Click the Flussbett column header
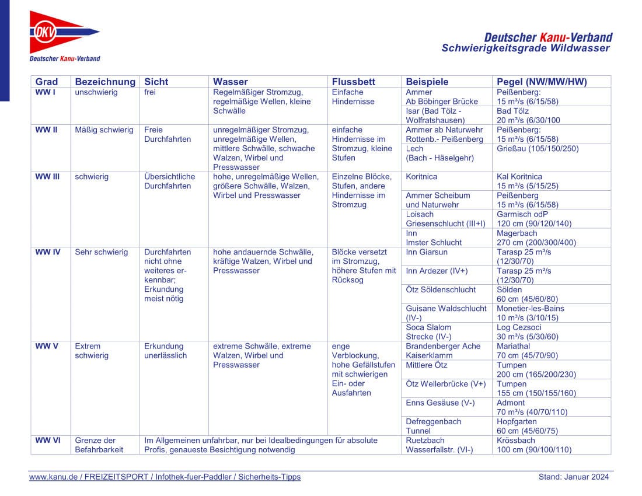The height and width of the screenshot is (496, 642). (353, 82)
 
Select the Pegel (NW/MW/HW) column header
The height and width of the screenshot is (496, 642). (542, 82)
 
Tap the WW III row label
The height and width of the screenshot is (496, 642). (47, 176)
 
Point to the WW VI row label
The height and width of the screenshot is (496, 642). (48, 441)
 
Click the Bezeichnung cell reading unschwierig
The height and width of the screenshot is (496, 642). (96, 92)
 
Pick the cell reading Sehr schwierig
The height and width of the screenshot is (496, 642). (102, 252)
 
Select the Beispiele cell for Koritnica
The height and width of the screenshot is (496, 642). (421, 176)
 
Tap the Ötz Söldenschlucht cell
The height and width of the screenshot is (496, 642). (441, 289)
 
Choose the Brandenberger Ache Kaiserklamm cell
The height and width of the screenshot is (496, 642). (443, 350)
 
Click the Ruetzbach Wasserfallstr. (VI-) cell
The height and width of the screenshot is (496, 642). (439, 445)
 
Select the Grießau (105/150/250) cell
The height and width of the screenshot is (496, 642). (538, 149)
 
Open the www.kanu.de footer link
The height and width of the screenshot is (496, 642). (165, 477)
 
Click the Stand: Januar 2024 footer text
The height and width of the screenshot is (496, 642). (573, 477)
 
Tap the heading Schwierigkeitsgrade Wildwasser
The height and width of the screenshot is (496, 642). (525, 48)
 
